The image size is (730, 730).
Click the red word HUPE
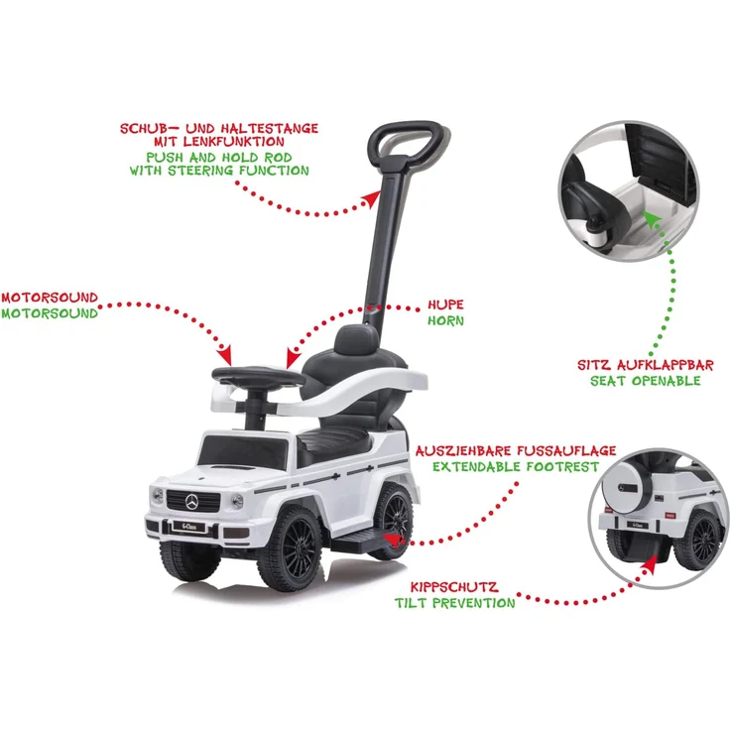click(445, 304)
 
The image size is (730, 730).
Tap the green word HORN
click(445, 320)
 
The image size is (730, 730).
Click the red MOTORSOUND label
click(50, 298)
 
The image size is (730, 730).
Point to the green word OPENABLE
click(669, 381)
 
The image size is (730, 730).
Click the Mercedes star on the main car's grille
click(192, 502)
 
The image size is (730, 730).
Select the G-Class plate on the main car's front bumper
click(189, 527)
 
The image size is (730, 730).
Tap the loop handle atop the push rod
click(409, 140)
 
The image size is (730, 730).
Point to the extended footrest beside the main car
click(361, 541)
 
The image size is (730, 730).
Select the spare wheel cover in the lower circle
click(625, 488)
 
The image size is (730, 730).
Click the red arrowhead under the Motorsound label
click(225, 355)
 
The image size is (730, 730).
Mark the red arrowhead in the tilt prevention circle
click(649, 565)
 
